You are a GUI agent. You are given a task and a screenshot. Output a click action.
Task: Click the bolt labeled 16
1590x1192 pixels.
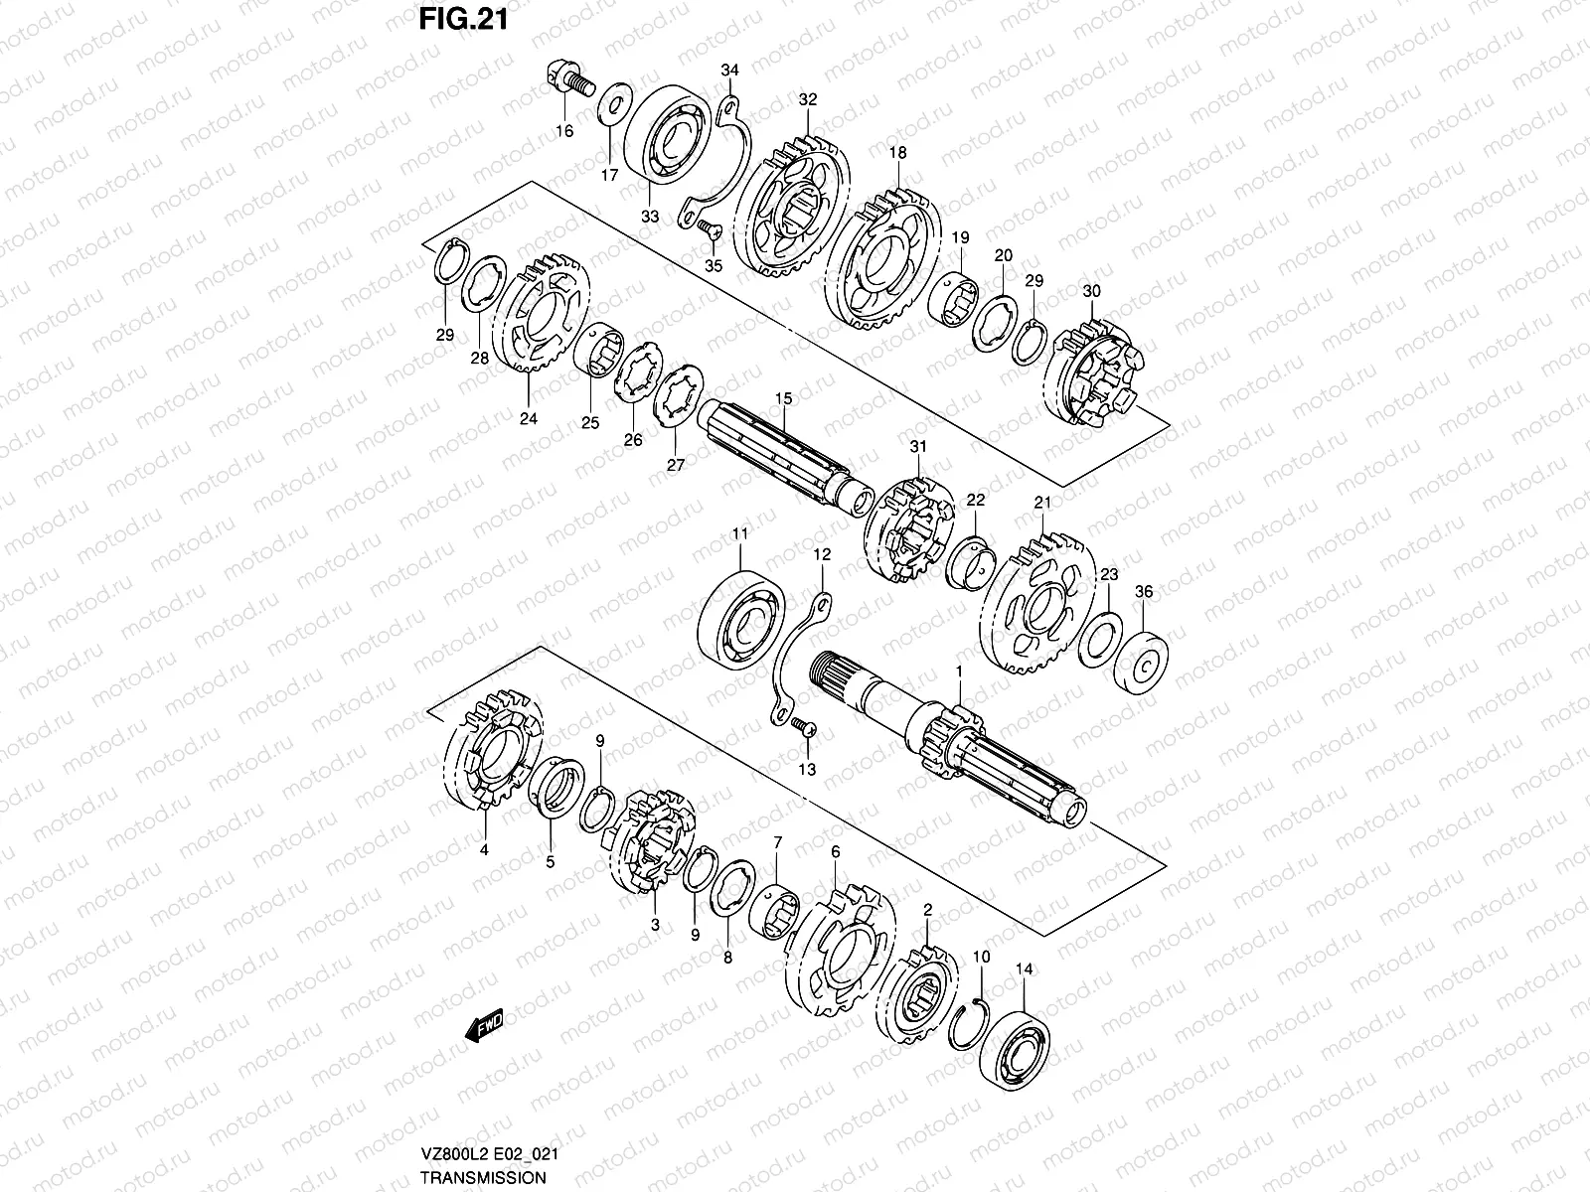[x=565, y=79]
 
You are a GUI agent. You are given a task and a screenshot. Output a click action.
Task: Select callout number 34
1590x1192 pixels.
[x=730, y=70]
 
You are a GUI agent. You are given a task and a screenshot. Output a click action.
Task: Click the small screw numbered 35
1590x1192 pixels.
[x=710, y=228]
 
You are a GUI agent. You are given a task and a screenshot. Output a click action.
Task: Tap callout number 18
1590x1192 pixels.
[x=898, y=153]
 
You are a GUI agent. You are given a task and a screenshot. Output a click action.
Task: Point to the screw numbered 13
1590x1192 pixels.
[x=807, y=730]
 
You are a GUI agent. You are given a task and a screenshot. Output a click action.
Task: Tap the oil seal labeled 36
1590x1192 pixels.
[x=1145, y=660]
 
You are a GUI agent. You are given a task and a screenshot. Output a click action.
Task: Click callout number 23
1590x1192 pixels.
[x=1109, y=574]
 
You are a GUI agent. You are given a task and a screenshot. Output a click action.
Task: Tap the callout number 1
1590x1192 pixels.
[x=959, y=671]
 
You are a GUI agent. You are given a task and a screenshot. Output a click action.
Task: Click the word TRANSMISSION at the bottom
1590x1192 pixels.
[x=482, y=1177]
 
